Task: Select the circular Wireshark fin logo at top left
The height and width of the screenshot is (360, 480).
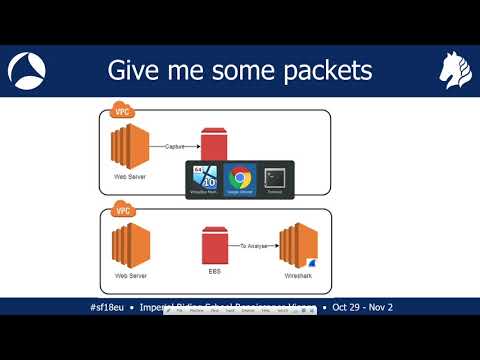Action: point(26,70)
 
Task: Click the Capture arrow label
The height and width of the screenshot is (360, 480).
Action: point(176,146)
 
